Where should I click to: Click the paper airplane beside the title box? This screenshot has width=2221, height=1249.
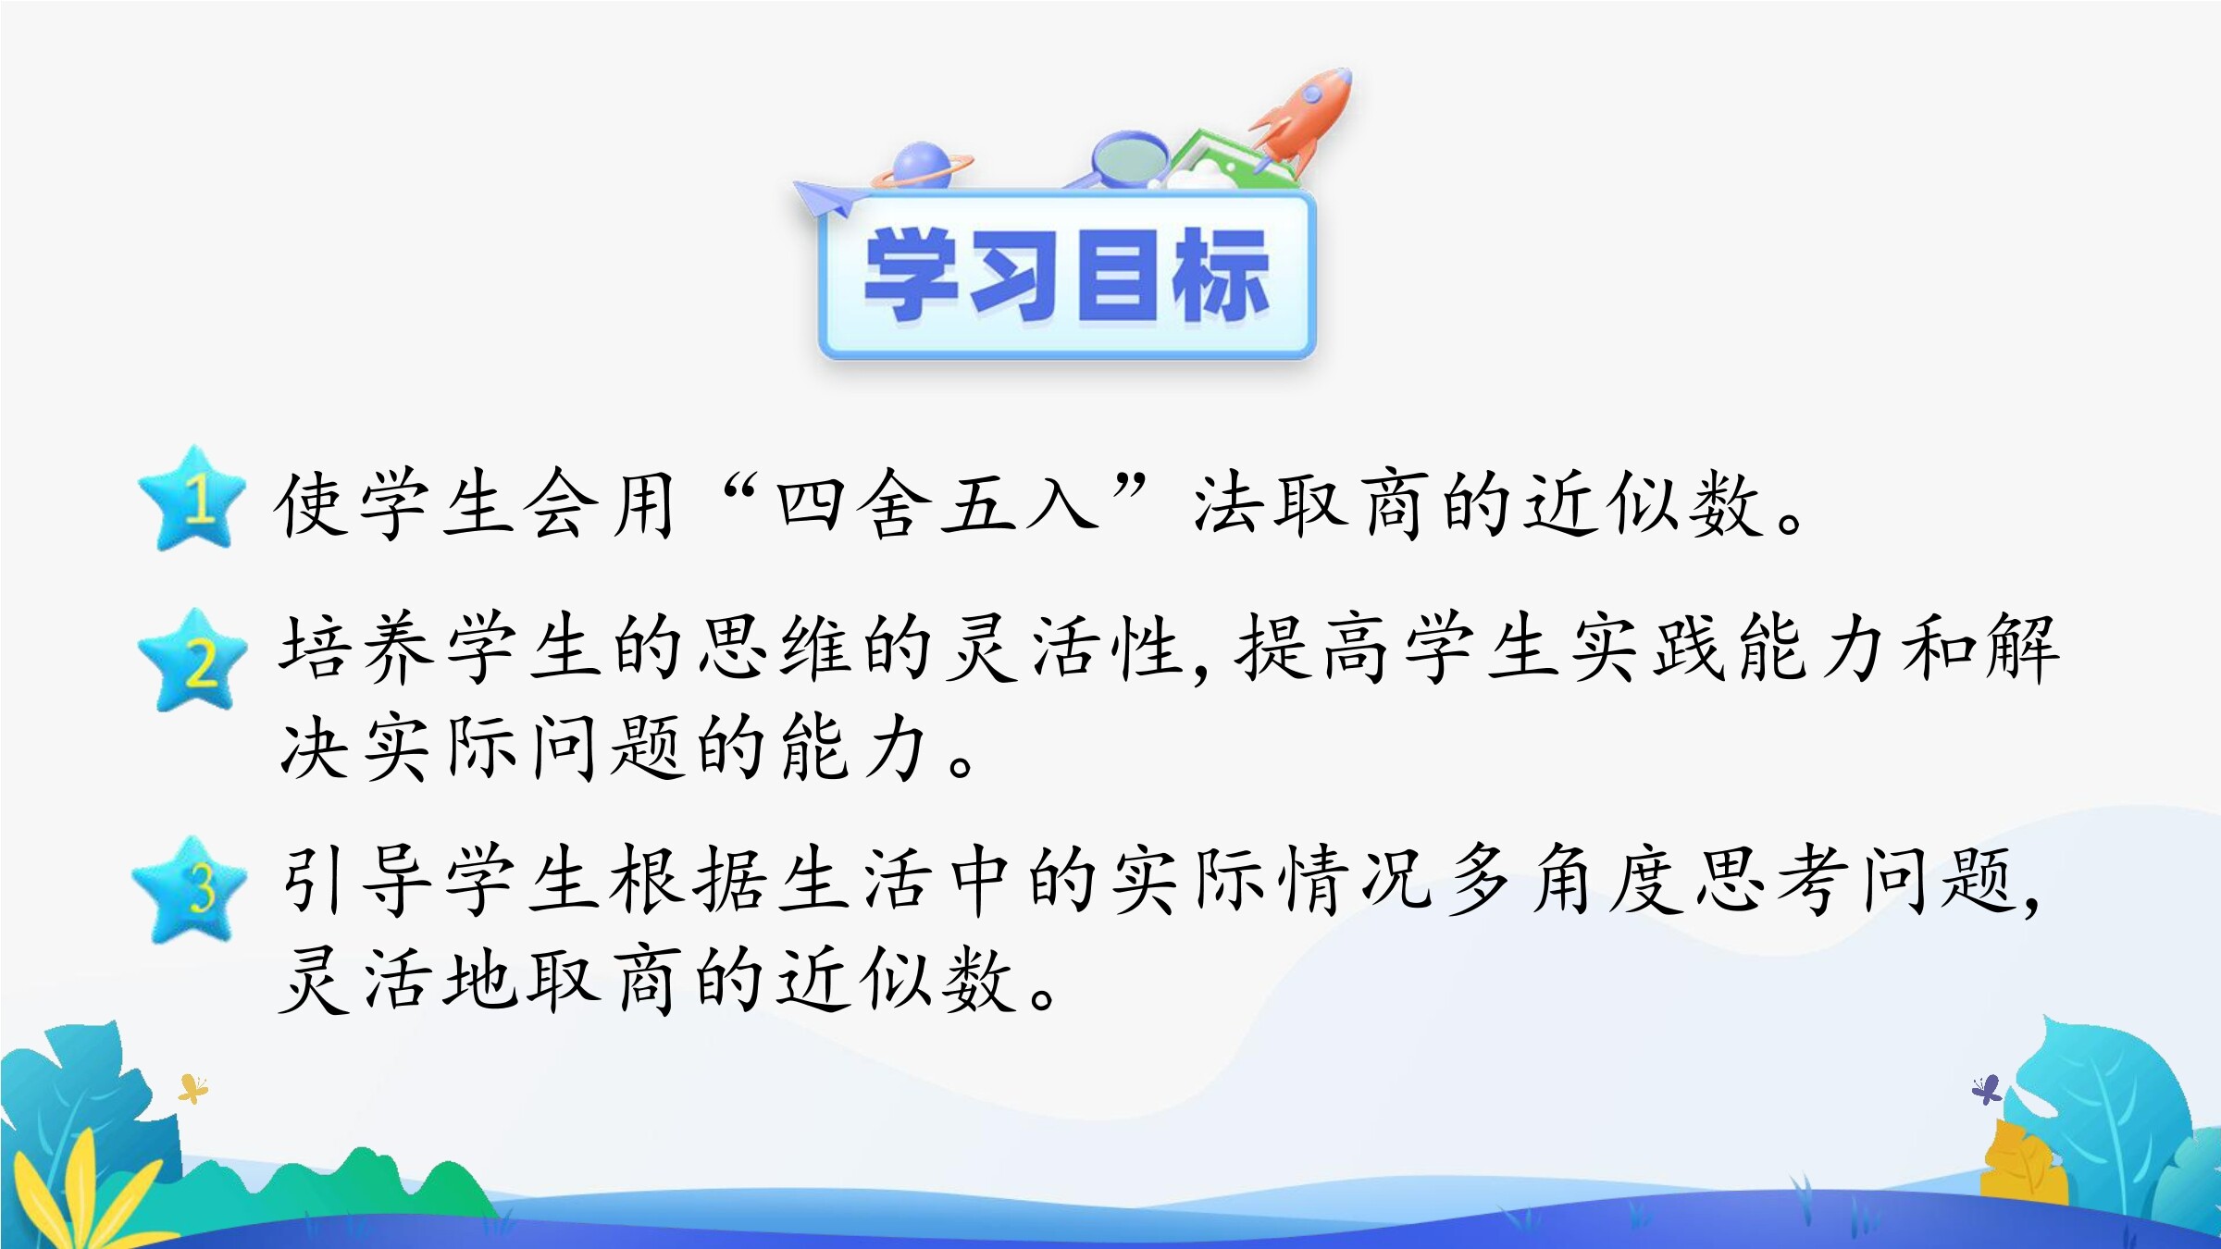click(828, 197)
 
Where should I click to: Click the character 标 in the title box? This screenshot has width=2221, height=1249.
click(1220, 275)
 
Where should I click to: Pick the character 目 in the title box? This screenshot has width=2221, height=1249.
click(1118, 275)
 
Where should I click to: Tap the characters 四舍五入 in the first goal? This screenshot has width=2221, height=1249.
click(937, 504)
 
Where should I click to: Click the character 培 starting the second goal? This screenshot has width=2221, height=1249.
click(315, 648)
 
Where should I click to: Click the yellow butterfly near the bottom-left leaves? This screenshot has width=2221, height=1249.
click(192, 1089)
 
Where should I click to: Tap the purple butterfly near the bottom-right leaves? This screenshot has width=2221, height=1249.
click(1986, 1090)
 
